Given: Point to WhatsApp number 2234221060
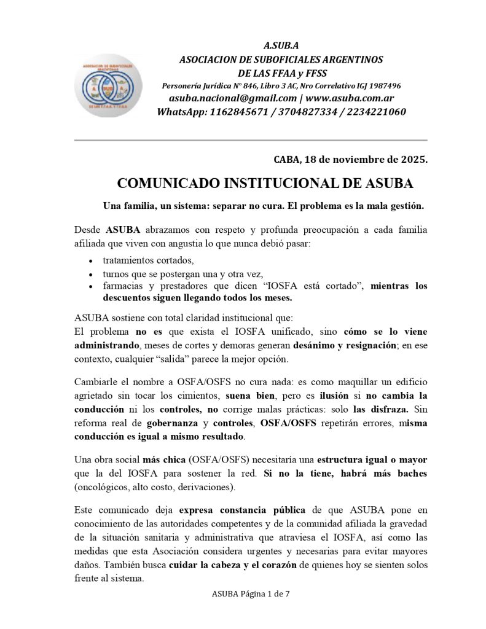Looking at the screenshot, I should click(374, 112).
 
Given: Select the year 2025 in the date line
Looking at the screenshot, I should click(412, 160).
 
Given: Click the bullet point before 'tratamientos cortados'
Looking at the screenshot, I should click(91, 260).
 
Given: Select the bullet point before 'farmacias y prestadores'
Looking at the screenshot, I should click(91, 286).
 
